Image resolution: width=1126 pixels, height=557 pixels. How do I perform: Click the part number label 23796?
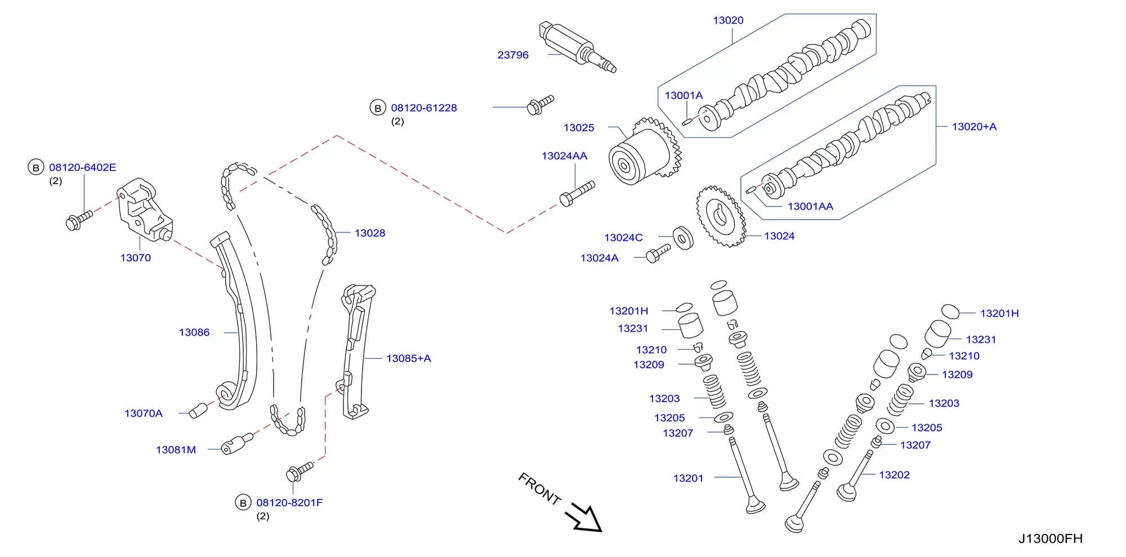513,55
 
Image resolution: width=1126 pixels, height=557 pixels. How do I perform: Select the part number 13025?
579,128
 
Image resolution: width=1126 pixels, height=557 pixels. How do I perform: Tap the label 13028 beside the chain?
370,233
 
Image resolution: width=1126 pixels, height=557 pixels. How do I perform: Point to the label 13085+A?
408,358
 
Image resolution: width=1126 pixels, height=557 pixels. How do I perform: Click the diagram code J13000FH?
1050,538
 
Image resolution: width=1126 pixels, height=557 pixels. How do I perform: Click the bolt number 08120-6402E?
83,167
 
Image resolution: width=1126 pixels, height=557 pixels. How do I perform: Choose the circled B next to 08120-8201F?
243,502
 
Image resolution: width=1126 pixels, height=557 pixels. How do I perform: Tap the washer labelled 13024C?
683,238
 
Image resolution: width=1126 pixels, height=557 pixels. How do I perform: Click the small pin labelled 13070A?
198,411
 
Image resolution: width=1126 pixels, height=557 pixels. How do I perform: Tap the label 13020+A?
974,127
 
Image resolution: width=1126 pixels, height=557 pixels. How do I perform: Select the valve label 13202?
894,475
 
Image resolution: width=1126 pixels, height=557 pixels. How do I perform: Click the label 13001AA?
810,207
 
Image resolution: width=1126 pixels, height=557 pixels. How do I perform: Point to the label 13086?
194,332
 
